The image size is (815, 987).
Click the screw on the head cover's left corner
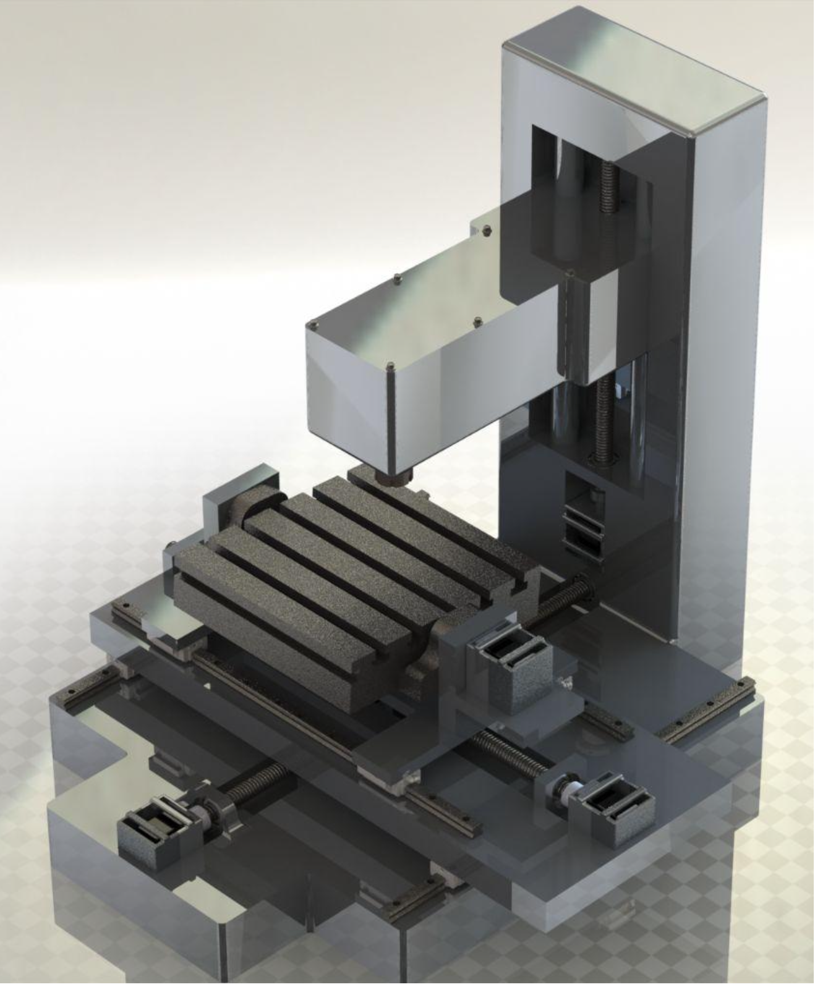point(315,324)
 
